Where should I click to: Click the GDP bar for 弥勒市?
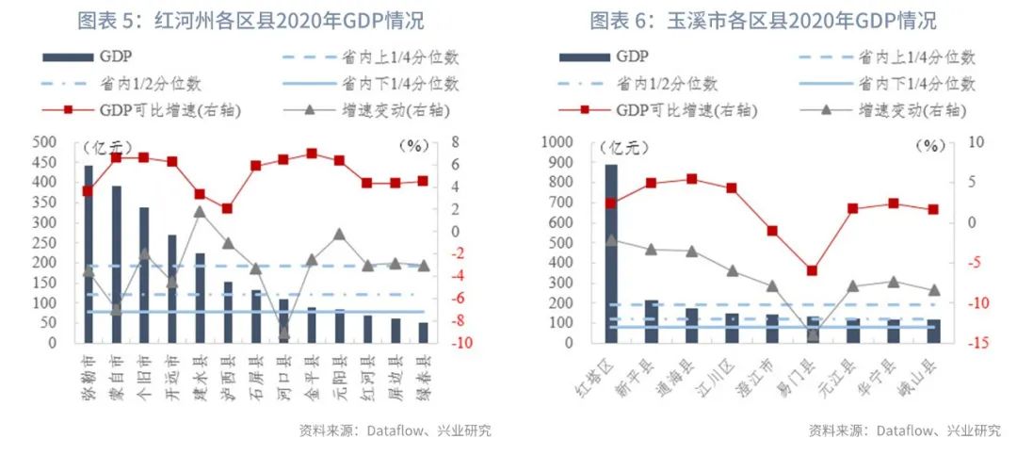(89, 254)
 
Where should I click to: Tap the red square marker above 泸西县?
(227, 208)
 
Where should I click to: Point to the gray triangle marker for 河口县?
(282, 333)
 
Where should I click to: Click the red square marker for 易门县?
(813, 270)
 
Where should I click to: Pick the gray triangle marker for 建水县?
(200, 212)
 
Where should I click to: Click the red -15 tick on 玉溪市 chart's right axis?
(973, 343)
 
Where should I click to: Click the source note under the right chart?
(904, 431)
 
